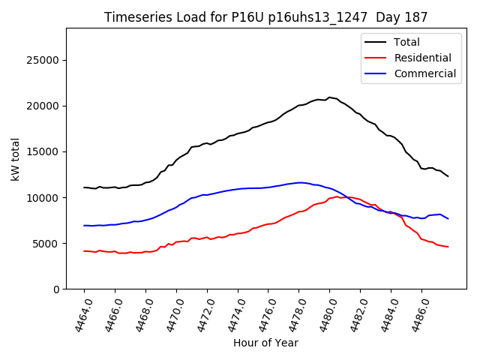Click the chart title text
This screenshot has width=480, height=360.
266,17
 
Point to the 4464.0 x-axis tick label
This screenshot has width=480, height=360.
79,314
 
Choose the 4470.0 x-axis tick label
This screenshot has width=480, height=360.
171,314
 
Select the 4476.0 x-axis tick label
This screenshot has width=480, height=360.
263,314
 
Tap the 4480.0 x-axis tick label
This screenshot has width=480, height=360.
325,314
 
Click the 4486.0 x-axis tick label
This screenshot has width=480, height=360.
416,314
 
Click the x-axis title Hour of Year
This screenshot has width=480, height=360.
265,343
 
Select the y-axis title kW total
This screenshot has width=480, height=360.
15,159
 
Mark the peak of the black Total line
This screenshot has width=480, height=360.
329,97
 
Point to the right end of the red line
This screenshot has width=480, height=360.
448,247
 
